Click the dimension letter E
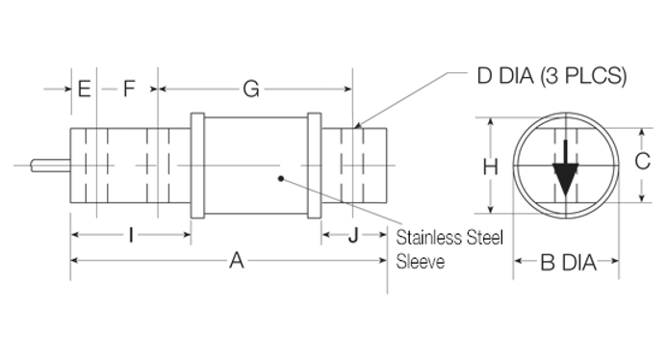(x=85, y=89)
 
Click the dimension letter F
(x=129, y=89)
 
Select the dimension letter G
(x=251, y=90)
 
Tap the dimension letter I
(x=131, y=235)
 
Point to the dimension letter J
(x=353, y=235)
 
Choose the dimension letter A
(x=237, y=261)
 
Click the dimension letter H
(x=491, y=167)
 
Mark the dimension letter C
(x=642, y=162)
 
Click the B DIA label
(x=568, y=263)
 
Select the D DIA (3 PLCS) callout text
(x=552, y=76)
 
